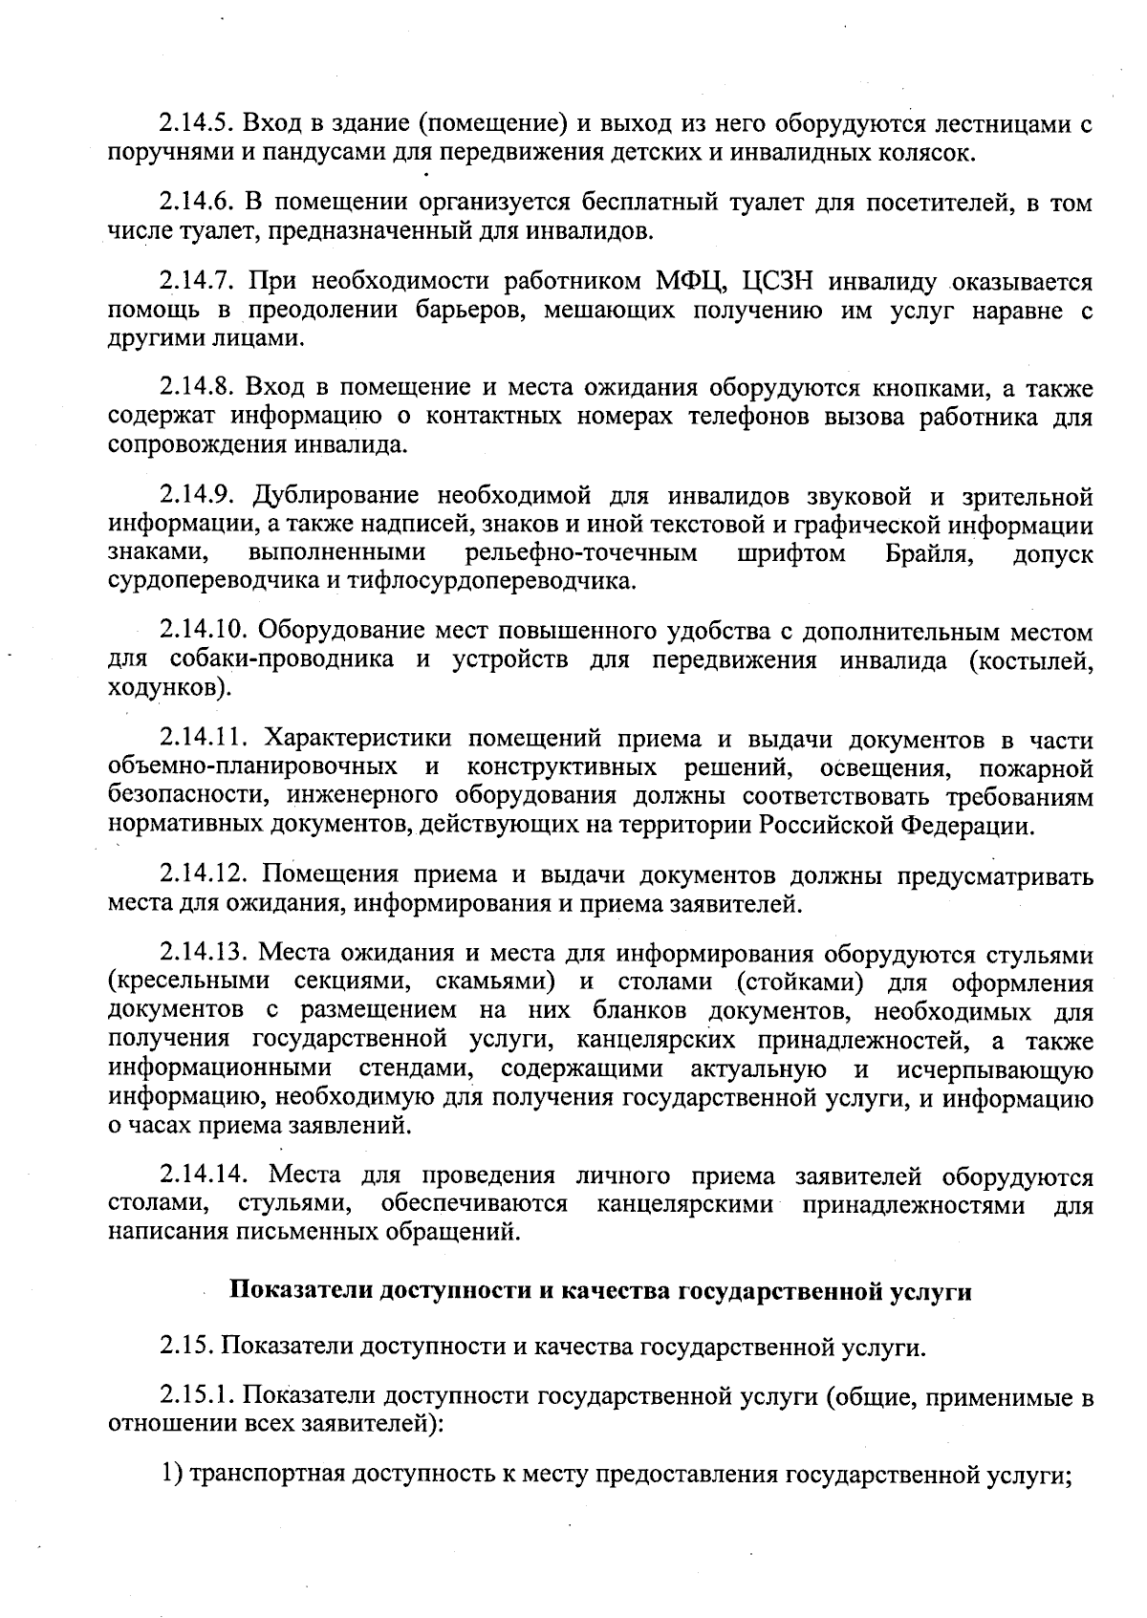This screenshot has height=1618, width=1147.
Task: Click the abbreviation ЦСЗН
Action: click(783, 281)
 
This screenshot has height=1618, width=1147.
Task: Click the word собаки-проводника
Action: click(281, 660)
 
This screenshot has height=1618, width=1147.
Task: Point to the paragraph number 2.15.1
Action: click(196, 1396)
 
